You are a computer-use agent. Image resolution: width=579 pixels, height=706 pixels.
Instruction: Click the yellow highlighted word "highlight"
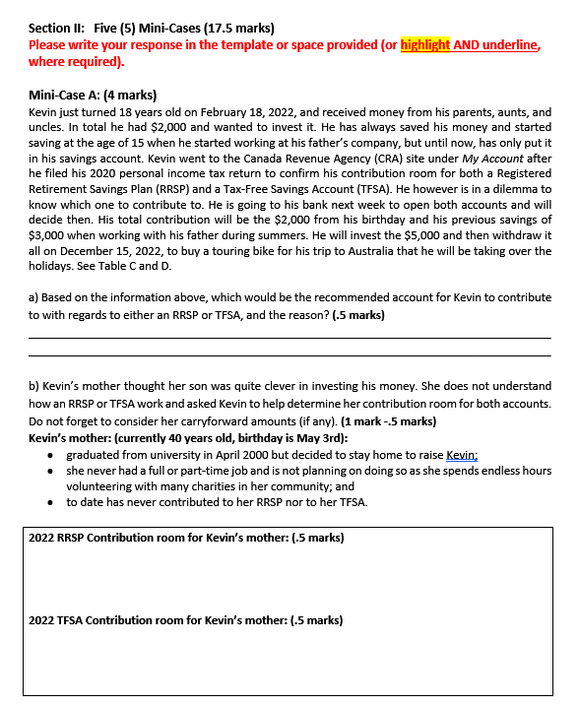[x=425, y=45]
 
